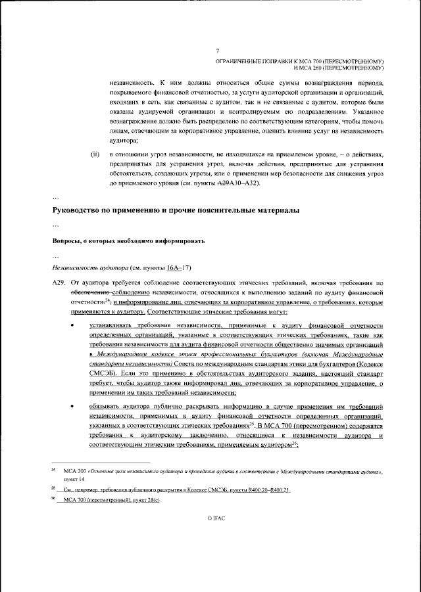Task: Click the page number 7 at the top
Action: (x=217, y=51)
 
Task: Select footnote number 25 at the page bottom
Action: (x=55, y=490)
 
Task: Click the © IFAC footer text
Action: (x=217, y=518)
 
